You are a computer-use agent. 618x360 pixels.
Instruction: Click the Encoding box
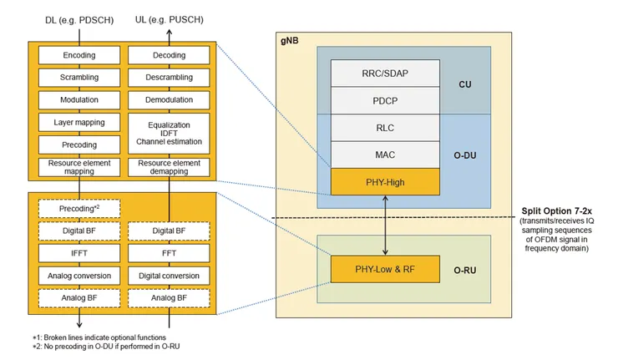[x=79, y=56]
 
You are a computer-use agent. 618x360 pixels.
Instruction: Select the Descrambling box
[x=169, y=78]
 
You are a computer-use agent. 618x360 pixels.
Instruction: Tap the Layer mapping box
[x=79, y=122]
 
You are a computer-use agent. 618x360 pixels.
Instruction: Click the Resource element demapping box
[x=169, y=166]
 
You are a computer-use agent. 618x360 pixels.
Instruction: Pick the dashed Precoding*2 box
[x=79, y=206]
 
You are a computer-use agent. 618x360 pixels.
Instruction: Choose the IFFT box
[x=79, y=251]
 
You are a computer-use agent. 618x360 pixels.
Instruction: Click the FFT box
[x=169, y=251]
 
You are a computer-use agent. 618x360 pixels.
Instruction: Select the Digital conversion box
[x=169, y=274]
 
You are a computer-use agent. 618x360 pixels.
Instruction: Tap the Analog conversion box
[x=79, y=274]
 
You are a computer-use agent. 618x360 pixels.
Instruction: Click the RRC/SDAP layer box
[x=384, y=74]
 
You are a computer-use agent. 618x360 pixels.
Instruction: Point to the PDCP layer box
[x=384, y=101]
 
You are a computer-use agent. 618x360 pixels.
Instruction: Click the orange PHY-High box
[x=384, y=182]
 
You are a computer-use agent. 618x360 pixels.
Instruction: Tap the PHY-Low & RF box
[x=384, y=269]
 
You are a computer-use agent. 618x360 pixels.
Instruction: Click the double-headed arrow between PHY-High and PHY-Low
[x=384, y=226]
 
